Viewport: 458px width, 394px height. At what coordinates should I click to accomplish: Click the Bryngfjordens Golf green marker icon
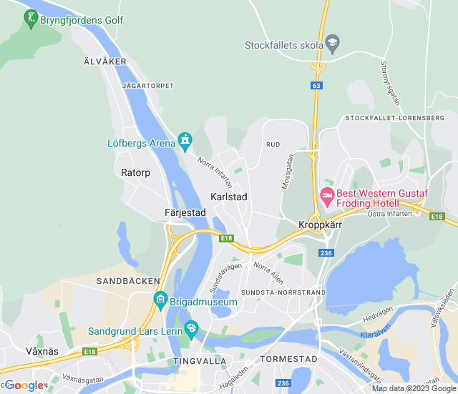coord(31,19)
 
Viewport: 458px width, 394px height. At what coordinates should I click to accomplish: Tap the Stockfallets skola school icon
coord(332,44)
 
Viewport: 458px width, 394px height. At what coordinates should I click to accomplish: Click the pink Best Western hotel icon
coord(327,194)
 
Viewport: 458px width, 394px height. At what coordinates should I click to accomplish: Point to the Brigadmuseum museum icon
coord(160,299)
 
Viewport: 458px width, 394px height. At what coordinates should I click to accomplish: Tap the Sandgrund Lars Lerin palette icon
coord(190,327)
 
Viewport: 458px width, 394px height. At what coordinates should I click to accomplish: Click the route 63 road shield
coord(316,85)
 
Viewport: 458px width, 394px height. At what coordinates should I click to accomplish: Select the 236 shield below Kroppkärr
coord(326,253)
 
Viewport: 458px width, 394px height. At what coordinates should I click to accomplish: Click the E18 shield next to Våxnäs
coord(89,352)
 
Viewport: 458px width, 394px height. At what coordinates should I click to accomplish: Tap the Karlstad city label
coord(228,196)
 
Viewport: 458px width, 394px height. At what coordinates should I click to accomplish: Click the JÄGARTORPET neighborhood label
coord(148,85)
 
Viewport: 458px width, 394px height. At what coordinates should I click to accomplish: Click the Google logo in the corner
coord(23,385)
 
